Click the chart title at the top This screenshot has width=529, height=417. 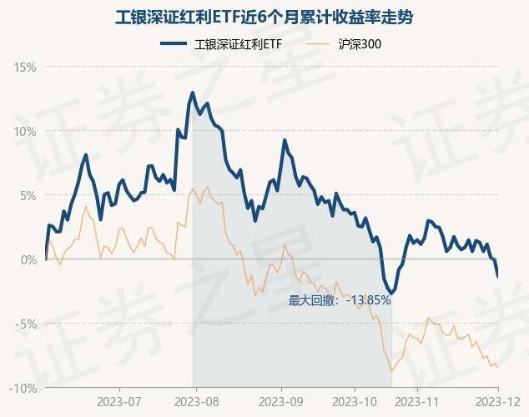[x=264, y=17]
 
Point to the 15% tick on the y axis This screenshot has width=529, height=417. [x=25, y=67]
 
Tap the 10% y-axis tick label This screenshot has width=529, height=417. [x=25, y=131]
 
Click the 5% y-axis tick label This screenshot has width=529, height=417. [x=28, y=195]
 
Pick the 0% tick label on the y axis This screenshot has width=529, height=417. [x=28, y=259]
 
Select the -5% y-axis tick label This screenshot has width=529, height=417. [x=27, y=324]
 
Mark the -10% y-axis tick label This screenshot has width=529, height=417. [x=24, y=388]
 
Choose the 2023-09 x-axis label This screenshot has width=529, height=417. [x=281, y=401]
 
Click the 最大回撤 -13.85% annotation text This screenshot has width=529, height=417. [x=340, y=300]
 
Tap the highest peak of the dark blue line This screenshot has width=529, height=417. [x=193, y=93]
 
